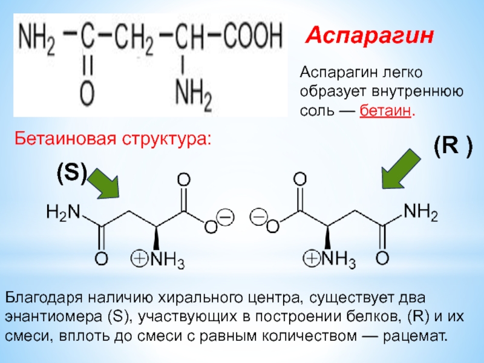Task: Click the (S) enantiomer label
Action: (72, 176)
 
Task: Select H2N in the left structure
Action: (63, 213)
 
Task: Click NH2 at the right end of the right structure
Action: (421, 212)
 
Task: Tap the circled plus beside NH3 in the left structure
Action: (139, 260)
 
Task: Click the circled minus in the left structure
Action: (226, 217)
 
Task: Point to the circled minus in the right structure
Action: (258, 217)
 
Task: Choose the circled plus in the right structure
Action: (312, 260)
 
